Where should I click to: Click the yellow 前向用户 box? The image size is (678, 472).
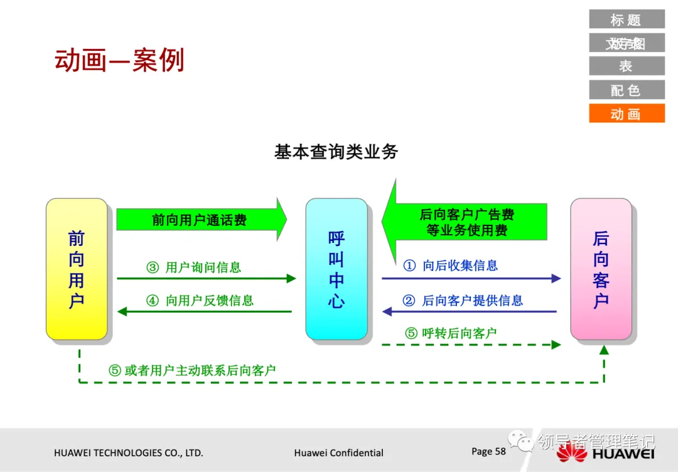tap(77, 269)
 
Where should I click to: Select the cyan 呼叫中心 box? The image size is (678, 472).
tap(336, 269)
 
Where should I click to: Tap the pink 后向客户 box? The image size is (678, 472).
tap(601, 269)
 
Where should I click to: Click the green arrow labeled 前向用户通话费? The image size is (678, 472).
tap(201, 220)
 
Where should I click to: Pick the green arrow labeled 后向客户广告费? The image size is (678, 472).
tap(465, 222)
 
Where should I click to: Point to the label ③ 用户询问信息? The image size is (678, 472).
tap(194, 267)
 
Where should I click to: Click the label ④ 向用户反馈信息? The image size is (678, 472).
tap(200, 301)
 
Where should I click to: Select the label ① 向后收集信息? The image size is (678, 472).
tap(451, 265)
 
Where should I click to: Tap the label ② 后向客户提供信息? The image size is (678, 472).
tap(463, 301)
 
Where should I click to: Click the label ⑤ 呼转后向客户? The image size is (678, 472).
tap(451, 333)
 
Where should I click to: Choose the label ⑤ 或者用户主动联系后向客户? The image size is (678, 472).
tap(192, 370)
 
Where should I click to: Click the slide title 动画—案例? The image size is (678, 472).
tap(119, 61)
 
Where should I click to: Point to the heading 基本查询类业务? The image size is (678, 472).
tap(336, 151)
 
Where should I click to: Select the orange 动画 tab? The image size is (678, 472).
tap(627, 114)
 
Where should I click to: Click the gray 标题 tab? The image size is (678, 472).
tap(627, 19)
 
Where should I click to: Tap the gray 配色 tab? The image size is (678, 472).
tap(627, 90)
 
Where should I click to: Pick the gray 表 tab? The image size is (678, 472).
tap(627, 66)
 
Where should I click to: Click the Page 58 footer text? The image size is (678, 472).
tap(488, 451)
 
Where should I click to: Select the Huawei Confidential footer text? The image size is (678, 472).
tap(338, 453)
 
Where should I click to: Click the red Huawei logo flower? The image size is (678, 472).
tap(571, 452)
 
